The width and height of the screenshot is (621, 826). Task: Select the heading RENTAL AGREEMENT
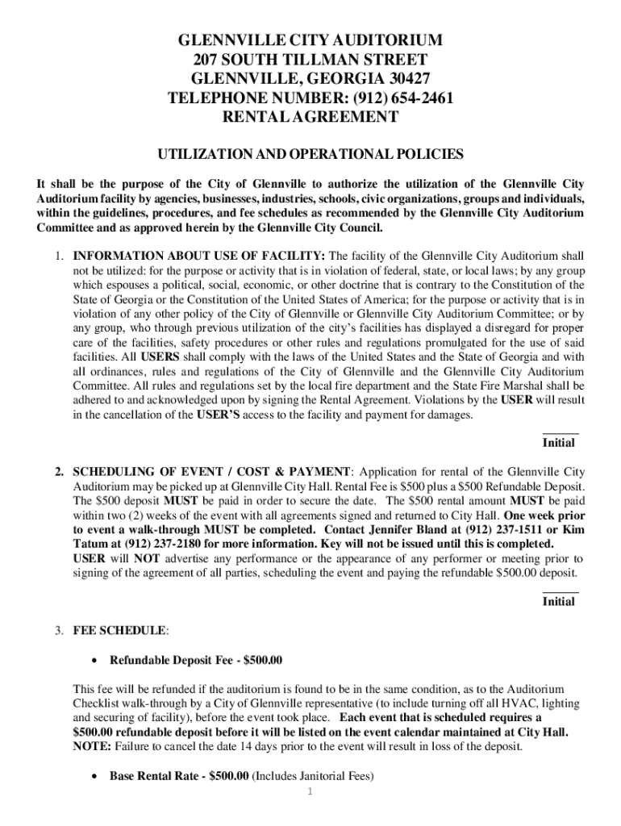310,117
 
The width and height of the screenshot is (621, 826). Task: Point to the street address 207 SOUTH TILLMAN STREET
310,60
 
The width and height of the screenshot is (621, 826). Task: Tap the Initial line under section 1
560,435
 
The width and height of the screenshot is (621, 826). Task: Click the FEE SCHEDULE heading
121,629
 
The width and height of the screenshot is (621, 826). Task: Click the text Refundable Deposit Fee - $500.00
196,661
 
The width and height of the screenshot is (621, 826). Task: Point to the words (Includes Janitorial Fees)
315,777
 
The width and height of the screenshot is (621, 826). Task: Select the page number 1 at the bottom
310,791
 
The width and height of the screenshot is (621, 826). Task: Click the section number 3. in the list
60,629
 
